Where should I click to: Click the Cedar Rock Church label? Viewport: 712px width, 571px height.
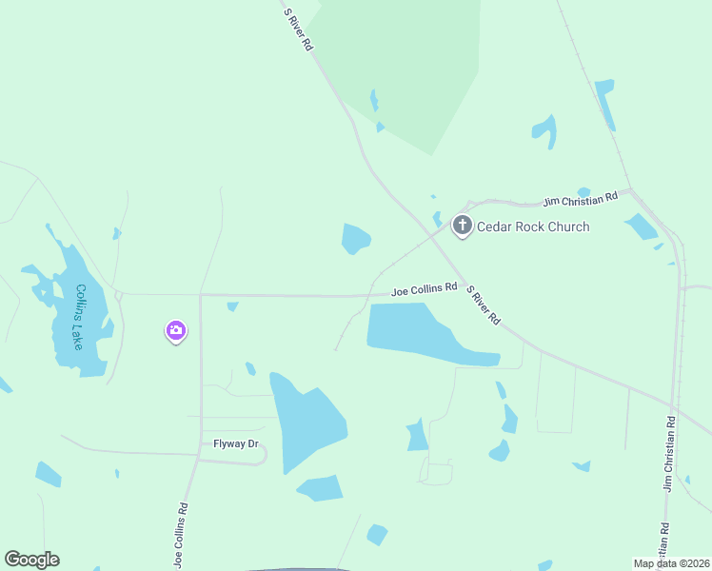tap(532, 226)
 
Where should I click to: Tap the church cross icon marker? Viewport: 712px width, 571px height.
tap(463, 226)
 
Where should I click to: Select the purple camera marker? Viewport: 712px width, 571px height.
tap(175, 330)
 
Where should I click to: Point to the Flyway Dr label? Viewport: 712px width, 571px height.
tap(229, 443)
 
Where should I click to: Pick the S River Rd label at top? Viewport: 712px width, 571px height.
tap(298, 29)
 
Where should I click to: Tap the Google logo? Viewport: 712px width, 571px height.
tap(31, 560)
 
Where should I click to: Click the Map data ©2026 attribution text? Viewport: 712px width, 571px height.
tap(671, 562)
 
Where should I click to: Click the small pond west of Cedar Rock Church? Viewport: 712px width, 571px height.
tap(355, 239)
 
